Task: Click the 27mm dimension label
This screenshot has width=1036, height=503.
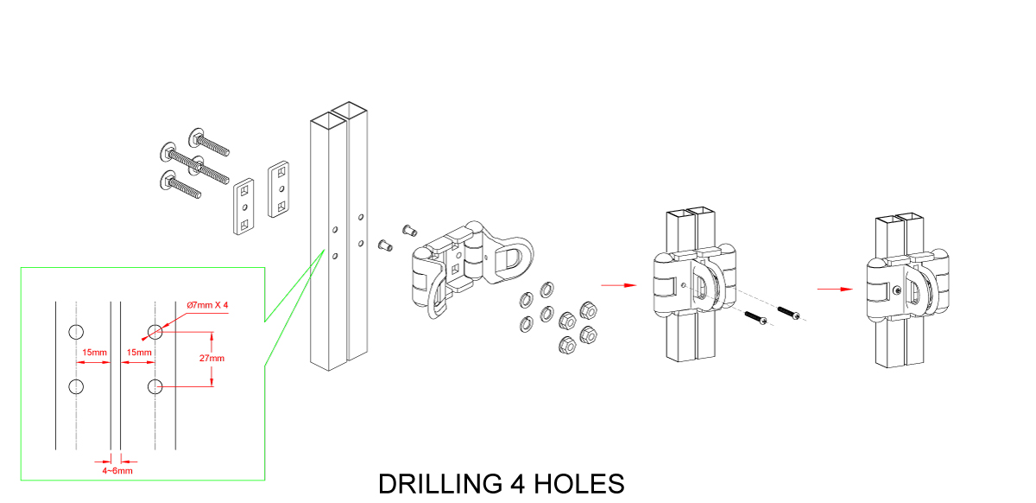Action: (211, 359)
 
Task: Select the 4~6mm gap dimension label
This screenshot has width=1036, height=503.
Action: (117, 471)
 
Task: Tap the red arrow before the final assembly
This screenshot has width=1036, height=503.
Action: (831, 288)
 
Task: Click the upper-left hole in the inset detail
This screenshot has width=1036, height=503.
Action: (75, 332)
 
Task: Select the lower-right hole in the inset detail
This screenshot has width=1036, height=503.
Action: (155, 385)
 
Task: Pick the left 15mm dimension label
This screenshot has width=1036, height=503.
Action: (94, 353)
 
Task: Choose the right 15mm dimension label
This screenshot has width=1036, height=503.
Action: (139, 353)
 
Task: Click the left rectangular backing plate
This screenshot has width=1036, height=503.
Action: (244, 207)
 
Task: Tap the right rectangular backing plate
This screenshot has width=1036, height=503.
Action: (280, 189)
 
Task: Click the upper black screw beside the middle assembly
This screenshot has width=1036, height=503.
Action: (789, 311)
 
